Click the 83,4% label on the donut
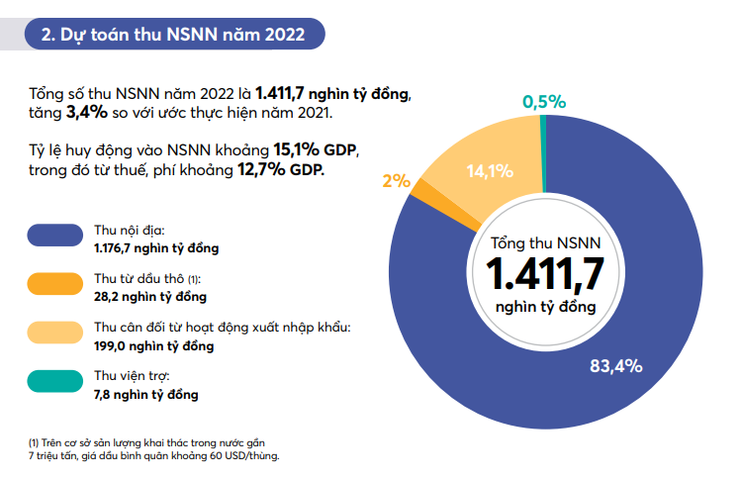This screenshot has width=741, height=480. [615, 366]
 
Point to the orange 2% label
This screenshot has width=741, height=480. [396, 180]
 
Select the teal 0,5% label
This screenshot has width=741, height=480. [543, 101]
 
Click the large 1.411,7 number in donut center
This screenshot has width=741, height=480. [544, 272]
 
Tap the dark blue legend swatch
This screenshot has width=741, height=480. [54, 235]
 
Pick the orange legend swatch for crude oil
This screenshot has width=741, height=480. [54, 284]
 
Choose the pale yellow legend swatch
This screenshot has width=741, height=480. [54, 334]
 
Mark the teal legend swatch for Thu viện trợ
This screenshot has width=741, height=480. [54, 383]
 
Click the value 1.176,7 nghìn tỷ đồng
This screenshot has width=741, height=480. [156, 247]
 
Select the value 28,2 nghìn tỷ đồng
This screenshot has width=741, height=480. [150, 297]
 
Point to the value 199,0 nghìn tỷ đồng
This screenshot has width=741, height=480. [153, 346]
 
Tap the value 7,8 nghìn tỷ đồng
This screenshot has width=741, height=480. [146, 395]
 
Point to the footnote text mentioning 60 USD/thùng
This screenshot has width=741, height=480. [153, 455]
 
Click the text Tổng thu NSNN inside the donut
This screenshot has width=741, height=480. [544, 241]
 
